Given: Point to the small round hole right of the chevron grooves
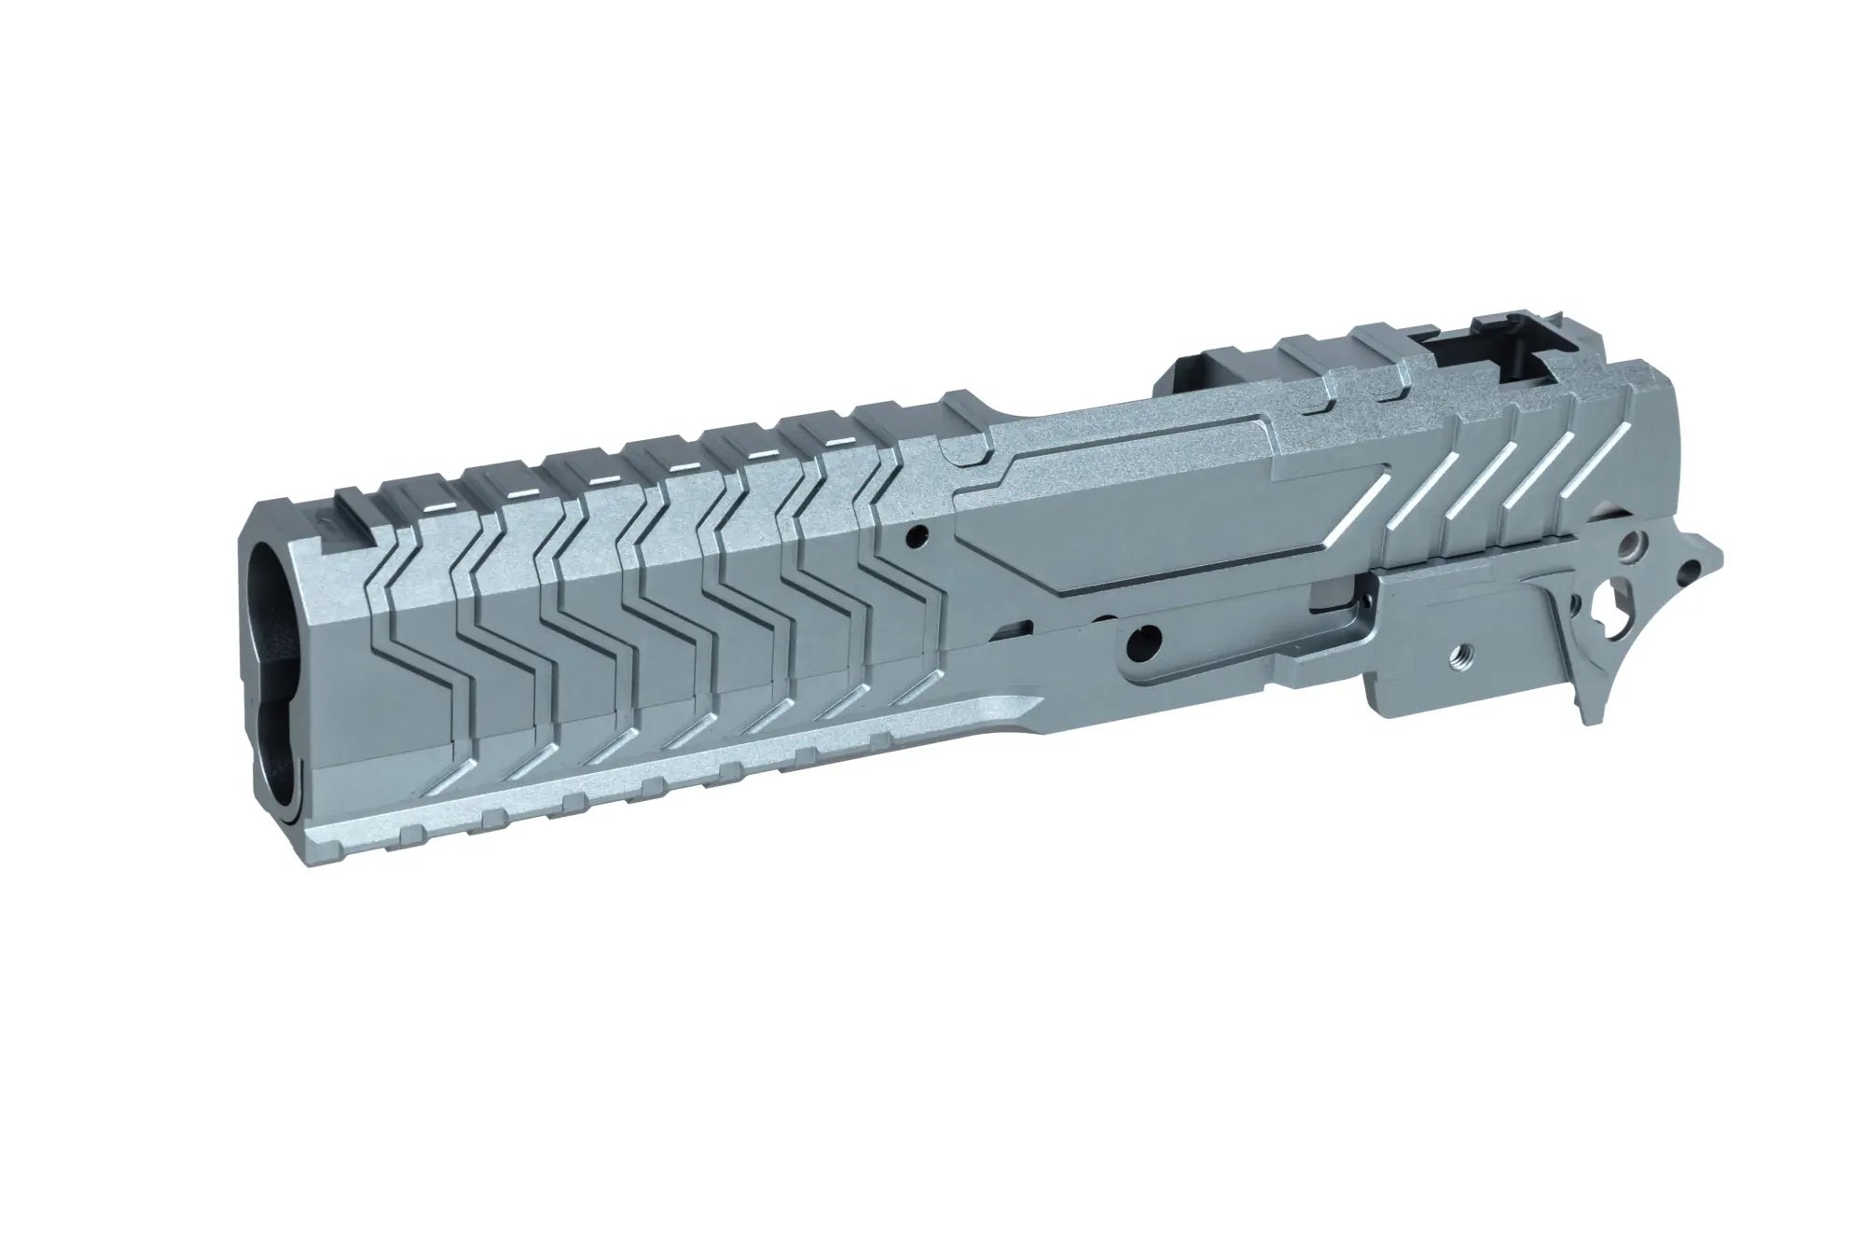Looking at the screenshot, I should [x=921, y=536].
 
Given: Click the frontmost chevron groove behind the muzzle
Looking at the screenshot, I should [x=410, y=606].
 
